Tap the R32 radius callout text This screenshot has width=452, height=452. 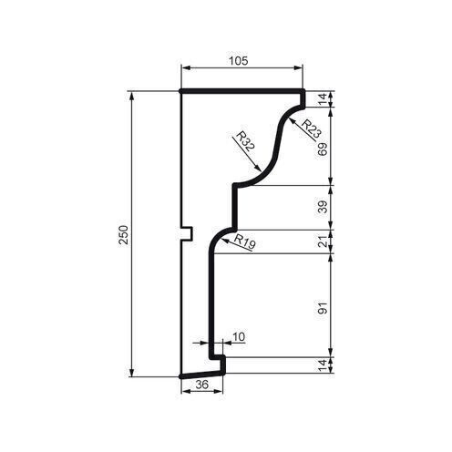pyautogui.click(x=243, y=141)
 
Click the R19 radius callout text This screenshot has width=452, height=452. pyautogui.click(x=243, y=241)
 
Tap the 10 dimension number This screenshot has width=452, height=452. pyautogui.click(x=239, y=337)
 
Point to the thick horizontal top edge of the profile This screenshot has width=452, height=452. pyautogui.click(x=241, y=91)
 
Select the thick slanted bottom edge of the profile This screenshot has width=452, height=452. pyautogui.click(x=202, y=373)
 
